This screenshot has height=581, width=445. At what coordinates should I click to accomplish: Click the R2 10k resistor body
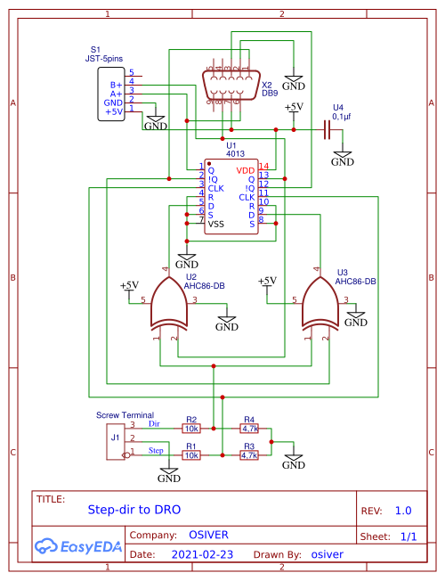coord(191,428)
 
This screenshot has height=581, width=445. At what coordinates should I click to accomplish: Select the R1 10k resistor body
coord(191,454)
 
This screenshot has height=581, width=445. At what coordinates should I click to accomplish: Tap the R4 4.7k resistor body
coord(249,428)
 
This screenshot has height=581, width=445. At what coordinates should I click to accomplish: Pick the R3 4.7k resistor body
coord(249,454)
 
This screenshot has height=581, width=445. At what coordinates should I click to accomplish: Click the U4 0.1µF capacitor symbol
coord(327,130)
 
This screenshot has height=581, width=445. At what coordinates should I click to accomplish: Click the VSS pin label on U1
coord(216,225)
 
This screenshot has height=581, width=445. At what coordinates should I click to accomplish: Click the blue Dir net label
coord(153,424)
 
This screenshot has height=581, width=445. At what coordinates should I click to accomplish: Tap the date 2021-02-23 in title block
coord(204,554)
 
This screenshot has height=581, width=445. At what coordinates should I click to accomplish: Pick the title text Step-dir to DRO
coord(133,511)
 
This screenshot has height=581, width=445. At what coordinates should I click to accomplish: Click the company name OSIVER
coord(209,535)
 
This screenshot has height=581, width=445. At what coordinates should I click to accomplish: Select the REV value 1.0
coord(403,511)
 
